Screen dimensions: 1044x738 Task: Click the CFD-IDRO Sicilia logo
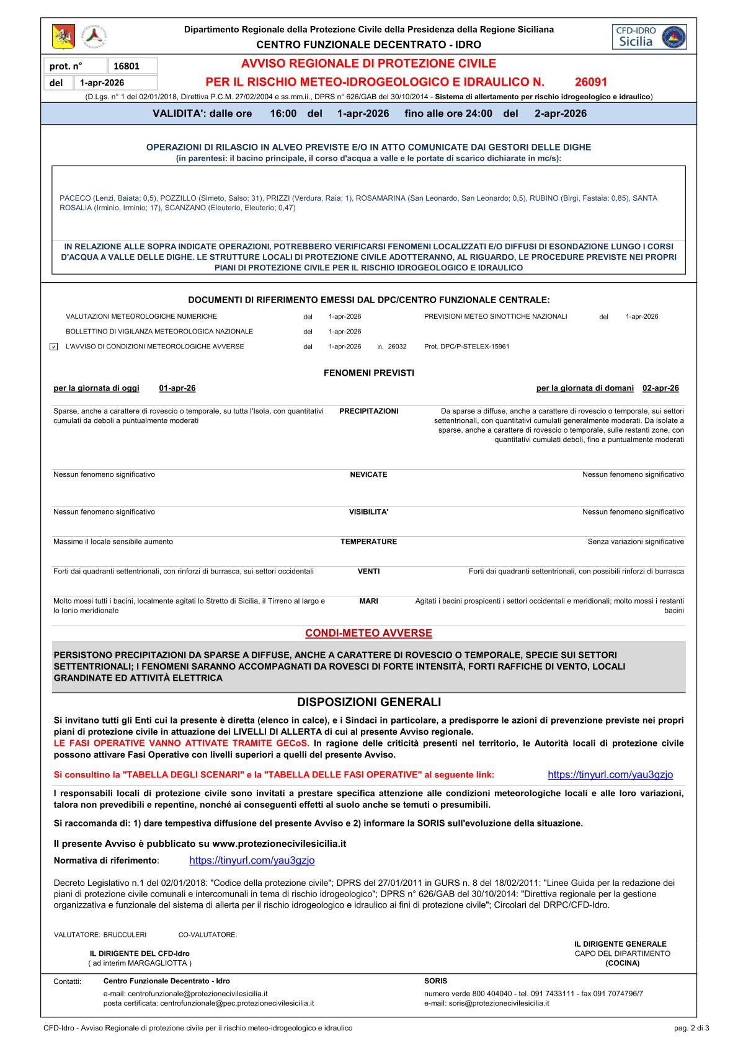[648, 37]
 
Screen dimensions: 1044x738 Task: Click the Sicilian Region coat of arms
[63, 37]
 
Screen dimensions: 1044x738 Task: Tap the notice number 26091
[590, 82]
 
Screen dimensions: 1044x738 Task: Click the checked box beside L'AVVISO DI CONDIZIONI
[53, 347]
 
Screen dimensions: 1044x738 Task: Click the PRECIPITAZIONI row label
[368, 411]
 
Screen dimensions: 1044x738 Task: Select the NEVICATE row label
[368, 475]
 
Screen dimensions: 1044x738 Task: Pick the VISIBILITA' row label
[368, 512]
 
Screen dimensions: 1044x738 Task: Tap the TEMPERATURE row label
[368, 542]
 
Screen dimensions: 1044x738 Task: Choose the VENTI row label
[368, 572]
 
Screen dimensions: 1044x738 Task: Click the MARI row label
[368, 601]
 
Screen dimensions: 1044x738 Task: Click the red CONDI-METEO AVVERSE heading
[368, 633]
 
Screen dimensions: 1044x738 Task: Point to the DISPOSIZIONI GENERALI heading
[368, 702]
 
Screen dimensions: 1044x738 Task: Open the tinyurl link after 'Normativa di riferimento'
[252, 860]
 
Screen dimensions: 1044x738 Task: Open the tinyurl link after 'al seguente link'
[610, 775]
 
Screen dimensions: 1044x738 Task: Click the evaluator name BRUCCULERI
[125, 934]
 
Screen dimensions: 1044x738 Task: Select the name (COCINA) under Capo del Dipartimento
[622, 963]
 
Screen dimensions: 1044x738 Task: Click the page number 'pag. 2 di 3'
[691, 1028]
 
